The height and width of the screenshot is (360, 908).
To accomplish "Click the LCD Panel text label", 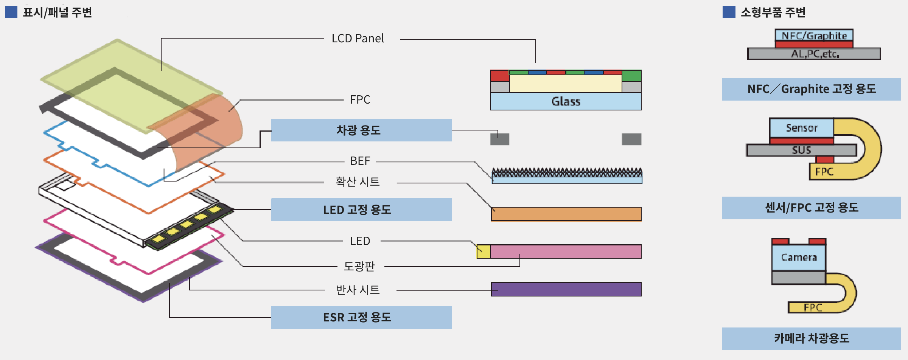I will pos(358,39).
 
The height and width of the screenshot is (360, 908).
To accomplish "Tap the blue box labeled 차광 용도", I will pos(361,130).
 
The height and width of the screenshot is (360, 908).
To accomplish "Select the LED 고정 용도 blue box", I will pos(361,209).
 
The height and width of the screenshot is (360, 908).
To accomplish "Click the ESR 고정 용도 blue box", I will pos(361,317).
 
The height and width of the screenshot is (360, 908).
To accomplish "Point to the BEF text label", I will pos(360,161).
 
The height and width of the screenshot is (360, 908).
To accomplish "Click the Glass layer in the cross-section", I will pos(565,101).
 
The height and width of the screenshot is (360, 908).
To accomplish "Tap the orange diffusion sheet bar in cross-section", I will pos(566,214).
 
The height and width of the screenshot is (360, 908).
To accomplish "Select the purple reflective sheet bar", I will pos(566,289).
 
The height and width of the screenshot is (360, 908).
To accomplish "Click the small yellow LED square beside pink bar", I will pos(483,251).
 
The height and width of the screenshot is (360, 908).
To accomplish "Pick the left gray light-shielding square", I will pos(499,139).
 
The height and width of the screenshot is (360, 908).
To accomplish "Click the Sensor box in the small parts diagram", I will pos(801,128).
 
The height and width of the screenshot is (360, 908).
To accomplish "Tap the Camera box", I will pos(799,258).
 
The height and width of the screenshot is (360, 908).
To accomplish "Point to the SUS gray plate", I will pos(801,150).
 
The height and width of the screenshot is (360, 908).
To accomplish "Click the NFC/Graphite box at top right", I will pos(814,36).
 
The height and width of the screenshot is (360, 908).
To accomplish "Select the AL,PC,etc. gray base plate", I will pos(814,54).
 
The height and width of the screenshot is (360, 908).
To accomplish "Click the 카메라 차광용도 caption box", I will pos(811,338).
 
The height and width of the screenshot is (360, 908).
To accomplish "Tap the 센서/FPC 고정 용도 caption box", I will pos(811,208).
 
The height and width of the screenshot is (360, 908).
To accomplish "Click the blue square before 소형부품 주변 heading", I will pos(729,12).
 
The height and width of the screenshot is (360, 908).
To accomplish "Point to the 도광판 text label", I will pos(359,266).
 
